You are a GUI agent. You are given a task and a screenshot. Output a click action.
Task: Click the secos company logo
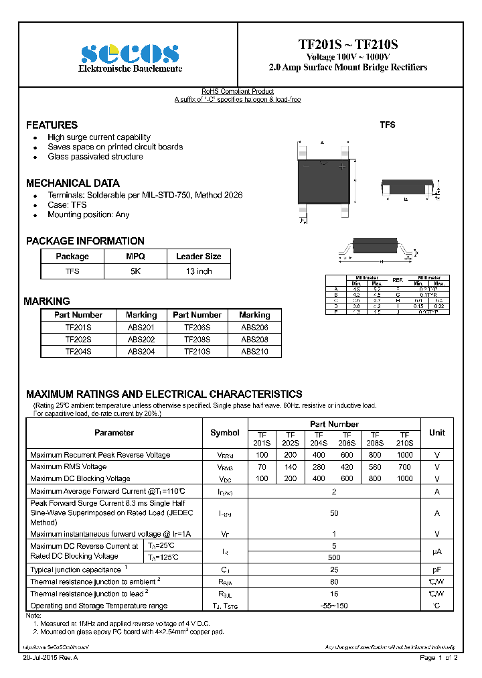tap(130, 54)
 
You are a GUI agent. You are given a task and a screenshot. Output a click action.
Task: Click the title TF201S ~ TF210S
tap(347, 45)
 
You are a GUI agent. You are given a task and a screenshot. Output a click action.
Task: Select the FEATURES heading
tap(52, 125)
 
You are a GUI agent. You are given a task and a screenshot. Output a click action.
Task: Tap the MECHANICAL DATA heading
tap(73, 183)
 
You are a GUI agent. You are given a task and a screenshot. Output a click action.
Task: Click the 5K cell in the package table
tap(135, 271)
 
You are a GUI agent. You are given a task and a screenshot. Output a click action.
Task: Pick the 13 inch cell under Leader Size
tap(198, 271)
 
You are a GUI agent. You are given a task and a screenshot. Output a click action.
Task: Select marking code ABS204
tap(141, 351)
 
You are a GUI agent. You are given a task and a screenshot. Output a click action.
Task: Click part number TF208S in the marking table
tap(197, 340)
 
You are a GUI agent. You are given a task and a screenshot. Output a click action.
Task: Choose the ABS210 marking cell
tap(254, 351)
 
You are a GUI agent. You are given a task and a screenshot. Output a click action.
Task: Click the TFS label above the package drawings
tap(388, 125)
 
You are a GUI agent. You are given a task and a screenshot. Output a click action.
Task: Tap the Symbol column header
tap(225, 433)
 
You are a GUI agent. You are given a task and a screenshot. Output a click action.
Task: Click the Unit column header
tap(437, 433)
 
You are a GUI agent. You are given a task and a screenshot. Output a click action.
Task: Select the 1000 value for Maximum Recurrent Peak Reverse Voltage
tap(404, 455)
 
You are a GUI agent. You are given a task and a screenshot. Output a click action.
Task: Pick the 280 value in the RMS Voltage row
tap(319, 467)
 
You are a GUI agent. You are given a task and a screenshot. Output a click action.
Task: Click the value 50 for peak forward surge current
tap(334, 513)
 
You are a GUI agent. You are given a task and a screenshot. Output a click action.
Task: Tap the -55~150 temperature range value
tap(334, 606)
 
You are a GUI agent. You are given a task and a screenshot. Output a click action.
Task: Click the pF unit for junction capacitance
tap(437, 569)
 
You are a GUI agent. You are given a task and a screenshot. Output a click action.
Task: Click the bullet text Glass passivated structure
tap(95, 157)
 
